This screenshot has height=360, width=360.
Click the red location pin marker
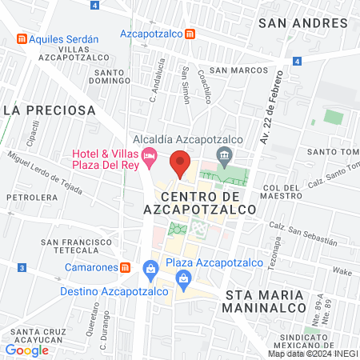pos(181,163)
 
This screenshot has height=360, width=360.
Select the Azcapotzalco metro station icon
pos(190,34)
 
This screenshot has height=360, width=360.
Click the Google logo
pos(26,350)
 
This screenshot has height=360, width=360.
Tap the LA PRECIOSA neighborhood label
pos(50,109)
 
